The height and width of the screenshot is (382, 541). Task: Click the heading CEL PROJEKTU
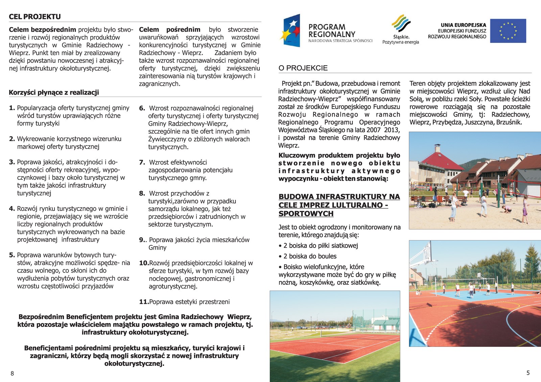click(x=35, y=17)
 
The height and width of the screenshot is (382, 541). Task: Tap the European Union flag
click(x=508, y=31)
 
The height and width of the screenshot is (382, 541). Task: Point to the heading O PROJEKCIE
click(x=303, y=68)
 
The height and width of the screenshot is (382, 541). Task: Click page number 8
click(x=13, y=373)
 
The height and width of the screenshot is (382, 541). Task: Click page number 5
click(x=528, y=373)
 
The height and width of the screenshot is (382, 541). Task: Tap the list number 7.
click(x=142, y=162)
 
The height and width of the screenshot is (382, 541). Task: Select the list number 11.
click(x=144, y=302)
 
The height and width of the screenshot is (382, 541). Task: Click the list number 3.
click(x=12, y=162)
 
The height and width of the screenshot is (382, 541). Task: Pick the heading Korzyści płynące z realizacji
click(x=54, y=93)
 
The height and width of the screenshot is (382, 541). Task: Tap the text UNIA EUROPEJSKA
click(x=463, y=25)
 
